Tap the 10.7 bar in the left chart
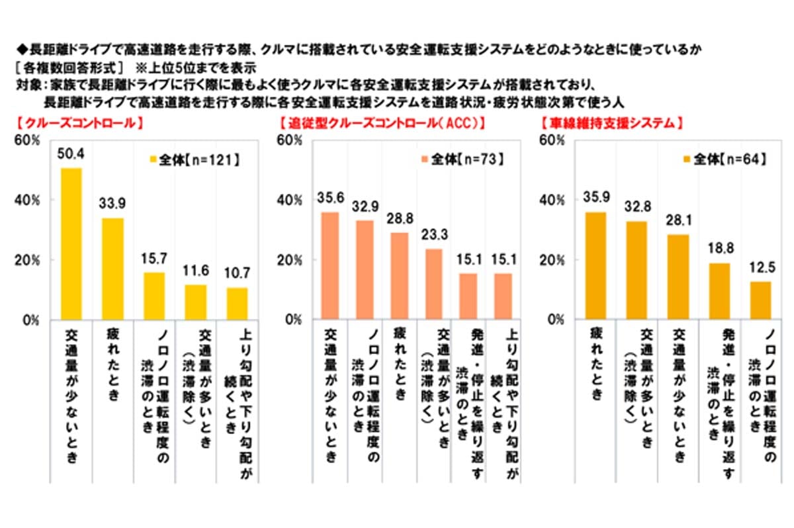(x=236, y=304)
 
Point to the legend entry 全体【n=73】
(x=462, y=159)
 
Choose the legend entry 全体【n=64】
(x=724, y=159)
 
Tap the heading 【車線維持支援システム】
(x=612, y=123)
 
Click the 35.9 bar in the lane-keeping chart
(x=594, y=265)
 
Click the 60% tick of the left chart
(x=30, y=140)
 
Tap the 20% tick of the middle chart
(x=289, y=260)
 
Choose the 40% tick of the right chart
(x=553, y=200)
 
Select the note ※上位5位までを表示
(x=195, y=67)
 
